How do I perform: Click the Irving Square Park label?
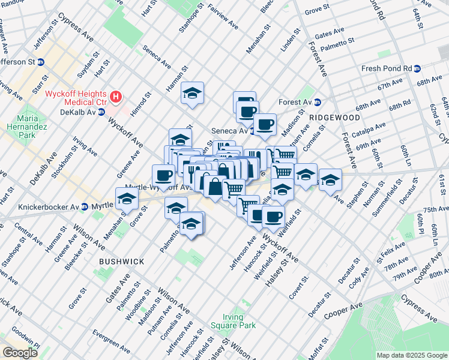(226, 321)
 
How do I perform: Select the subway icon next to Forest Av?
(318, 102)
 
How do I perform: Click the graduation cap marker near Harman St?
(192, 93)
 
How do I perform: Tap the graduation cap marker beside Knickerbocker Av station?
(127, 199)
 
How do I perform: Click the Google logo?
(20, 353)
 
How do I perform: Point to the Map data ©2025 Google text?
(411, 355)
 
